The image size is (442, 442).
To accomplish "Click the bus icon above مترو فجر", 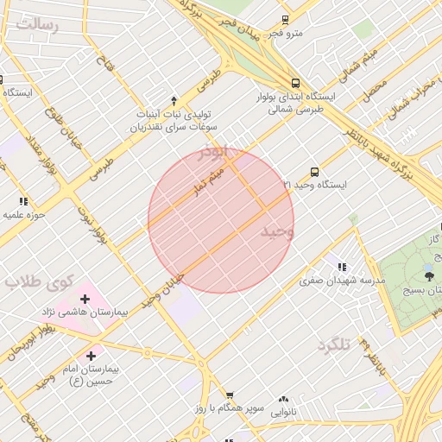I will click(x=286, y=20).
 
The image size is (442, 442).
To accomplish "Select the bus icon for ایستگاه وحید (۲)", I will click(x=313, y=172).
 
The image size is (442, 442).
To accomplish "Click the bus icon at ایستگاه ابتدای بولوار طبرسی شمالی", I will click(x=296, y=84).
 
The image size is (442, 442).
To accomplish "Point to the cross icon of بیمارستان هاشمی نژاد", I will click(x=85, y=299).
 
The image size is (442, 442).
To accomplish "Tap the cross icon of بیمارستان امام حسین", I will click(x=92, y=356).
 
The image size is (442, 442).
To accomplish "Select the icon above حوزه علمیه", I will click(x=23, y=201).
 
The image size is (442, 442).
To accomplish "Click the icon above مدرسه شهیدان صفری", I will click(x=343, y=268).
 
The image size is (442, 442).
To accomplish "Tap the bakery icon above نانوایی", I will click(x=283, y=399).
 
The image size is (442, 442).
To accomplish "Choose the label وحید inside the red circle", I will click(x=277, y=232).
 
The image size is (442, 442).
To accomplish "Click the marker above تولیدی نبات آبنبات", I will click(x=174, y=101).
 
